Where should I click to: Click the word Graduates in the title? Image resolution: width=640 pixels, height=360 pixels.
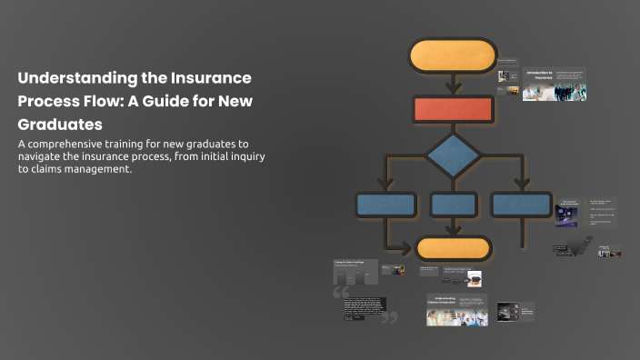coord(60,124)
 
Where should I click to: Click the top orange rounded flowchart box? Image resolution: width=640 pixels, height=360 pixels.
coord(453,55)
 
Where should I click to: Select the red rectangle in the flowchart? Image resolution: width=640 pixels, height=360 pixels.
coord(453,109)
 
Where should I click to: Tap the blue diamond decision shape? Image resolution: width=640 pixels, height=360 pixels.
coord(453,155)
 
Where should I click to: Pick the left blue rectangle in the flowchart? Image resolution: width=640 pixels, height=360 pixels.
coord(386,205)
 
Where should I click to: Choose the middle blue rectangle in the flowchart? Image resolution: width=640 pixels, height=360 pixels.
coord(453,205)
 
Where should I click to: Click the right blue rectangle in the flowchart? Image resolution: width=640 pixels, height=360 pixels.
coord(521,205)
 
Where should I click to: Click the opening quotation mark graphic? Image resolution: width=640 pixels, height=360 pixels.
coord(342,293)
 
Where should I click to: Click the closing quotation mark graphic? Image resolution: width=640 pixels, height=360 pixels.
coord(389,318)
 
